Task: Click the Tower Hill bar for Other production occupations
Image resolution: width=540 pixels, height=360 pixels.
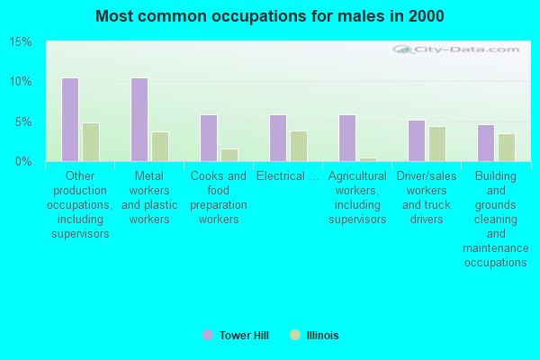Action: [x=69, y=120]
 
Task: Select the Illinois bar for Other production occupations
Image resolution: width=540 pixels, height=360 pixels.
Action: [x=90, y=142]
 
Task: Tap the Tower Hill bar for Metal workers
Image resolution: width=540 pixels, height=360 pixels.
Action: [x=139, y=120]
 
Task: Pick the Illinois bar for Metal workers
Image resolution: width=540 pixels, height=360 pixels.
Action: [x=159, y=147]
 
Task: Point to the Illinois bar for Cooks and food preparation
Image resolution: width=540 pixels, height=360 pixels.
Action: [x=229, y=155]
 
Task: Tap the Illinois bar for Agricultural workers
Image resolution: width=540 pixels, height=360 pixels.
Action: [x=367, y=159]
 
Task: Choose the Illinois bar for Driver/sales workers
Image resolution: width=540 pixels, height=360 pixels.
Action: [x=436, y=144]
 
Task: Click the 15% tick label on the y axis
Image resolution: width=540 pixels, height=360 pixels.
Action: [x=21, y=42]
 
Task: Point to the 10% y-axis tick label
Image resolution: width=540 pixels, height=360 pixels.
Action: [x=21, y=82]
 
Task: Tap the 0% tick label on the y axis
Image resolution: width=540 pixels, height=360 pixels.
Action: [x=23, y=161]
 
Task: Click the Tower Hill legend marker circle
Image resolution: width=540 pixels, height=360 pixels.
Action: [x=208, y=336]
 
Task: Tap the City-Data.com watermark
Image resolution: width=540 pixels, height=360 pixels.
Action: [x=458, y=50]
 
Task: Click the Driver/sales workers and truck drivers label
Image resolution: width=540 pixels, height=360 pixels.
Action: [x=427, y=198]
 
